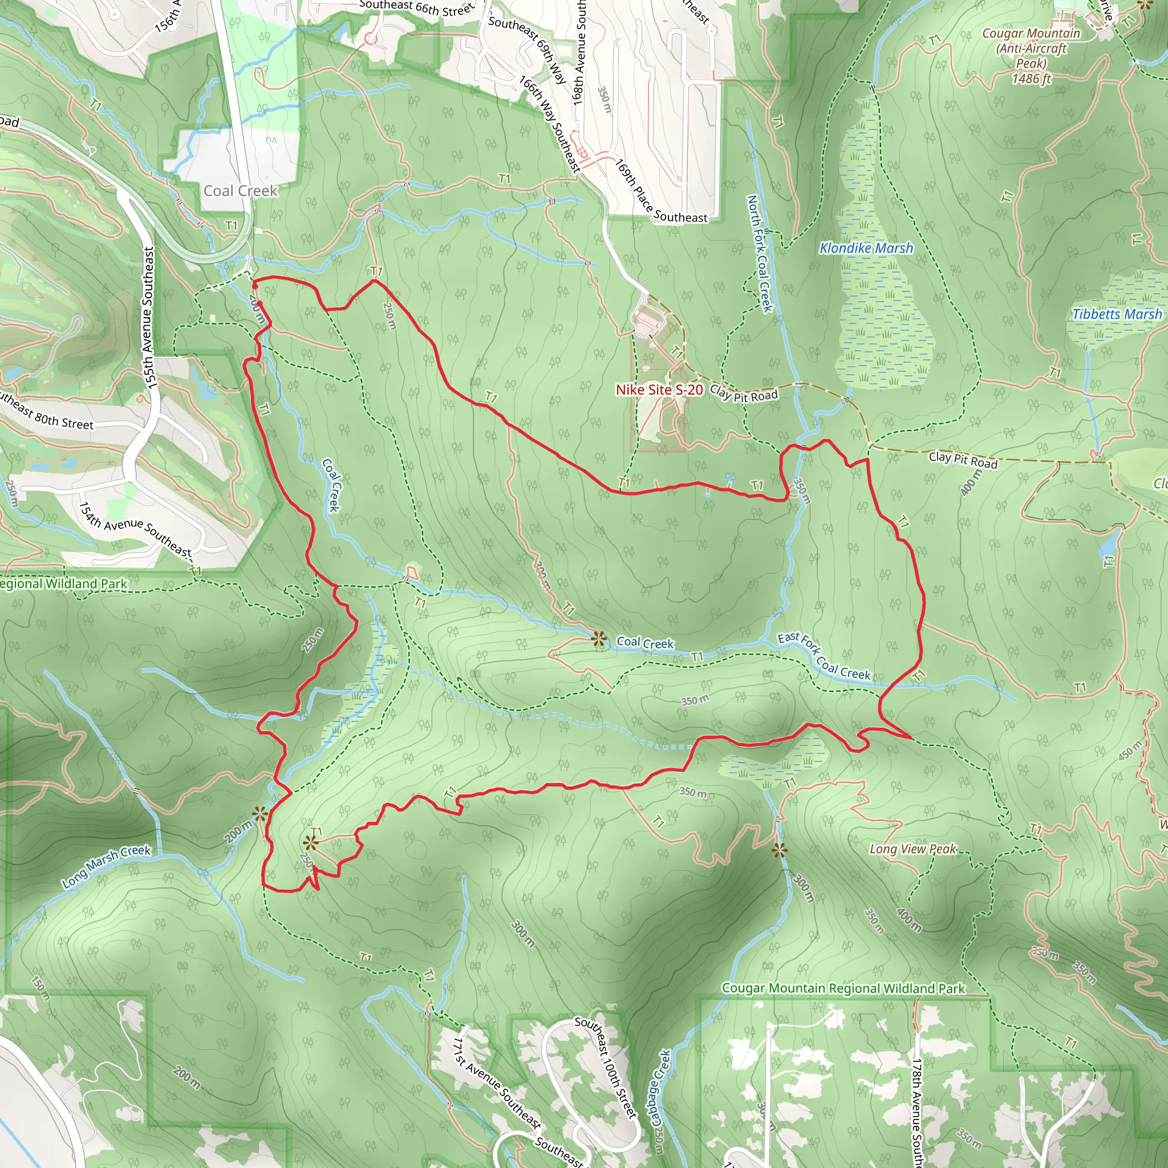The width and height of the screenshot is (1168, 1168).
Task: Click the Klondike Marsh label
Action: coord(866,248)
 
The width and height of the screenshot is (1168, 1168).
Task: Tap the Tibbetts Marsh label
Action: coord(1117,314)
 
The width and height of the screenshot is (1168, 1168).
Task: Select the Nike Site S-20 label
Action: coord(659,390)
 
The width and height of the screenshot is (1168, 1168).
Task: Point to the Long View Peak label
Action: coord(913,849)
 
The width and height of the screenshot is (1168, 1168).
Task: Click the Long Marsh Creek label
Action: coord(107,867)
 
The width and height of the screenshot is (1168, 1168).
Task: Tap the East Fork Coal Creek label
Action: coord(824,656)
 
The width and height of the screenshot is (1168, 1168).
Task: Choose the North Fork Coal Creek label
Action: coord(760,253)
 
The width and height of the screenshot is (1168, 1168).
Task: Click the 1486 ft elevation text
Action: coord(1031,79)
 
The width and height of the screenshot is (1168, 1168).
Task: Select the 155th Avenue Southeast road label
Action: coord(148,318)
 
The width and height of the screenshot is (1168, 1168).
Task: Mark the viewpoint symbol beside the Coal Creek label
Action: coord(598,639)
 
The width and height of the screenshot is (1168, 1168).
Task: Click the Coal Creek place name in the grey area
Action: coord(240,191)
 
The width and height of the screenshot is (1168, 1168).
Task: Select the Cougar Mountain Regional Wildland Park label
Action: coord(843,988)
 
